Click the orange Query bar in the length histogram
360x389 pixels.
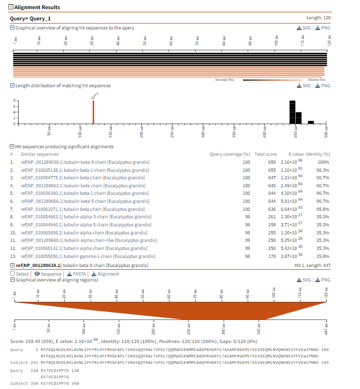[x=93, y=112]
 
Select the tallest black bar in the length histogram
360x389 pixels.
[x=292, y=112]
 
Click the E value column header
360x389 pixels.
[x=296, y=154]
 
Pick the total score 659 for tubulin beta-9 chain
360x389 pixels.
[x=271, y=162]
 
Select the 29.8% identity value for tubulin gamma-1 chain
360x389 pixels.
[x=323, y=257]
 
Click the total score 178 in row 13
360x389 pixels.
[x=271, y=257]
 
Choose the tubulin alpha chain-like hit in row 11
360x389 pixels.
[x=85, y=241]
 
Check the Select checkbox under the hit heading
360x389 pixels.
[x=12, y=273]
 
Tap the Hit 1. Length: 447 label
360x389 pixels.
[x=312, y=265]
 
